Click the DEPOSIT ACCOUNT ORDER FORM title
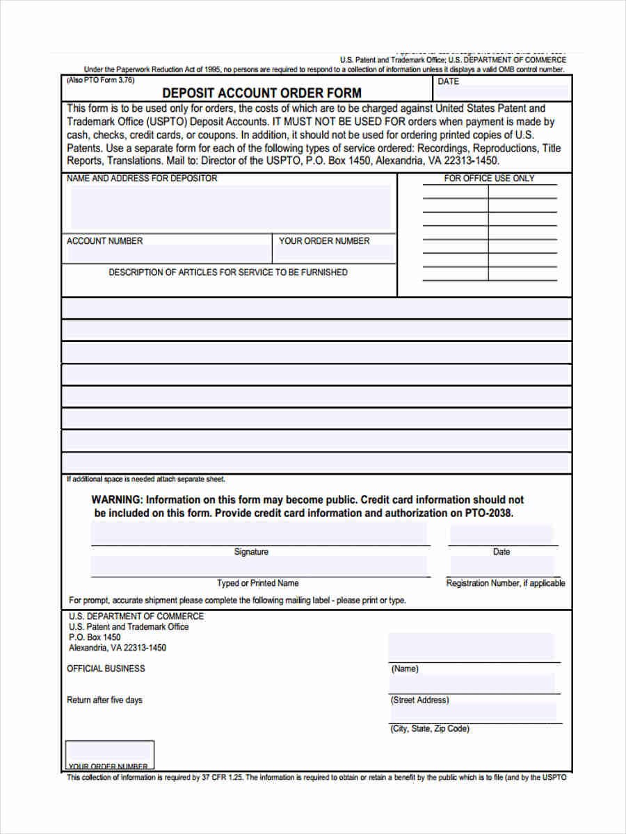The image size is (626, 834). coord(262,92)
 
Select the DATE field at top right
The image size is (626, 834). coord(502,90)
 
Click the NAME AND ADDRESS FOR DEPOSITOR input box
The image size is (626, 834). coord(230,207)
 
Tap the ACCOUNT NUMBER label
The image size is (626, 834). coord(104,241)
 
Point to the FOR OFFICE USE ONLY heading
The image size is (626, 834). coord(489,179)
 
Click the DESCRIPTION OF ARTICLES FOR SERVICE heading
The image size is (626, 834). coord(228,272)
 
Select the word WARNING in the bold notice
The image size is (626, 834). coord(117,500)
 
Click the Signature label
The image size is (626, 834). coord(251,552)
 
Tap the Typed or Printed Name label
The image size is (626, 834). coord(257,583)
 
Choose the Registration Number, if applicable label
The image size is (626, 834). coord(505,583)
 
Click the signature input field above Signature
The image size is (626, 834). coord(259,534)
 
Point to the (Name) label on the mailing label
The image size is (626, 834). coord(405,669)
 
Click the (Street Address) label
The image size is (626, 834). coord(420,700)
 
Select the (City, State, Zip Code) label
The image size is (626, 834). coord(430,728)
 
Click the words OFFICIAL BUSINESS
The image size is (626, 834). coord(106,669)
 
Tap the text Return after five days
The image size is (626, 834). coord(104,700)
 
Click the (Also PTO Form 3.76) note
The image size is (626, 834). coord(100,80)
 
